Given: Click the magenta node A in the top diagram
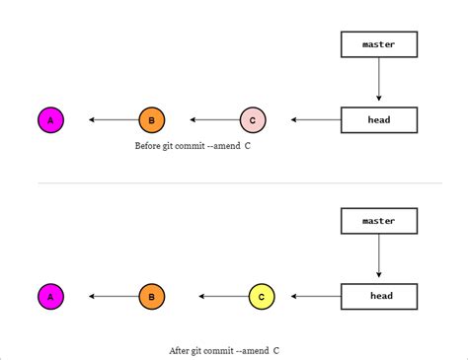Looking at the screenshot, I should pos(50,120).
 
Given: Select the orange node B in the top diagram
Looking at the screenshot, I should pos(151,120).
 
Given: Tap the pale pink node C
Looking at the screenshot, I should pos(253,120).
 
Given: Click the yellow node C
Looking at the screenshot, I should pos(261,296).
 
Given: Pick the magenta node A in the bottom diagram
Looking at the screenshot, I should pos(50,296).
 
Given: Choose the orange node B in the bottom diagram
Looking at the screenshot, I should pos(151,296).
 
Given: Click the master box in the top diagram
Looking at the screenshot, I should pos(379,44).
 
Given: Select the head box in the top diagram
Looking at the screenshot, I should pos(379,120).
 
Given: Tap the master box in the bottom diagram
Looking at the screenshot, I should pos(379,221).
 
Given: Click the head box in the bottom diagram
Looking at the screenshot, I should pos(379,296).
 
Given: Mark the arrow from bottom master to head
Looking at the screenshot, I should pos(379,257).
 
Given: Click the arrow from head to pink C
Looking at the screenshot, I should pos(315,120).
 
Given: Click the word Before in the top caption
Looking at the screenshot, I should pos(148,145).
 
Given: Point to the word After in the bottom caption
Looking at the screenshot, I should pos(180,349).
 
